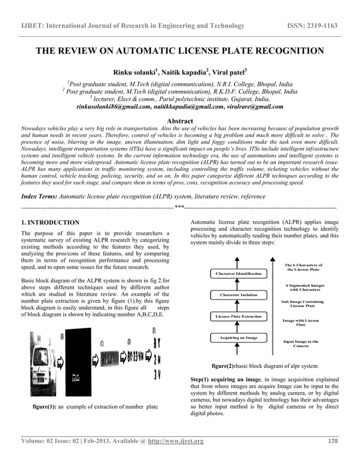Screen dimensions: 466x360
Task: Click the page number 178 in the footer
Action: (333, 441)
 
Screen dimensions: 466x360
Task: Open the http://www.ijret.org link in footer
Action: (175, 441)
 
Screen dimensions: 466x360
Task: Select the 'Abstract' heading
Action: (180, 121)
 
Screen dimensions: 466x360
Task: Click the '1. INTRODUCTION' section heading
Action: (50, 222)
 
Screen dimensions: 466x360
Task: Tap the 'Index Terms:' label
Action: (39, 196)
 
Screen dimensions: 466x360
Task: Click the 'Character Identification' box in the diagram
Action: (239, 274)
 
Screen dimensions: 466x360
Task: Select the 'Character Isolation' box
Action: (239, 295)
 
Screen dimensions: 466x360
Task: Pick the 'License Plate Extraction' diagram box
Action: (239, 316)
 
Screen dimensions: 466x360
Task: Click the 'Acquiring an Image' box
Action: (239, 337)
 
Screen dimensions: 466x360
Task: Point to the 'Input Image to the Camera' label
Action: (301, 344)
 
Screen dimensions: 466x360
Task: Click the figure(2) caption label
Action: (227, 366)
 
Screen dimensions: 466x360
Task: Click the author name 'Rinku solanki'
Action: (135, 72)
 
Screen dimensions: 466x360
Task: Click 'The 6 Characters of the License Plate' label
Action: (303, 267)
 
